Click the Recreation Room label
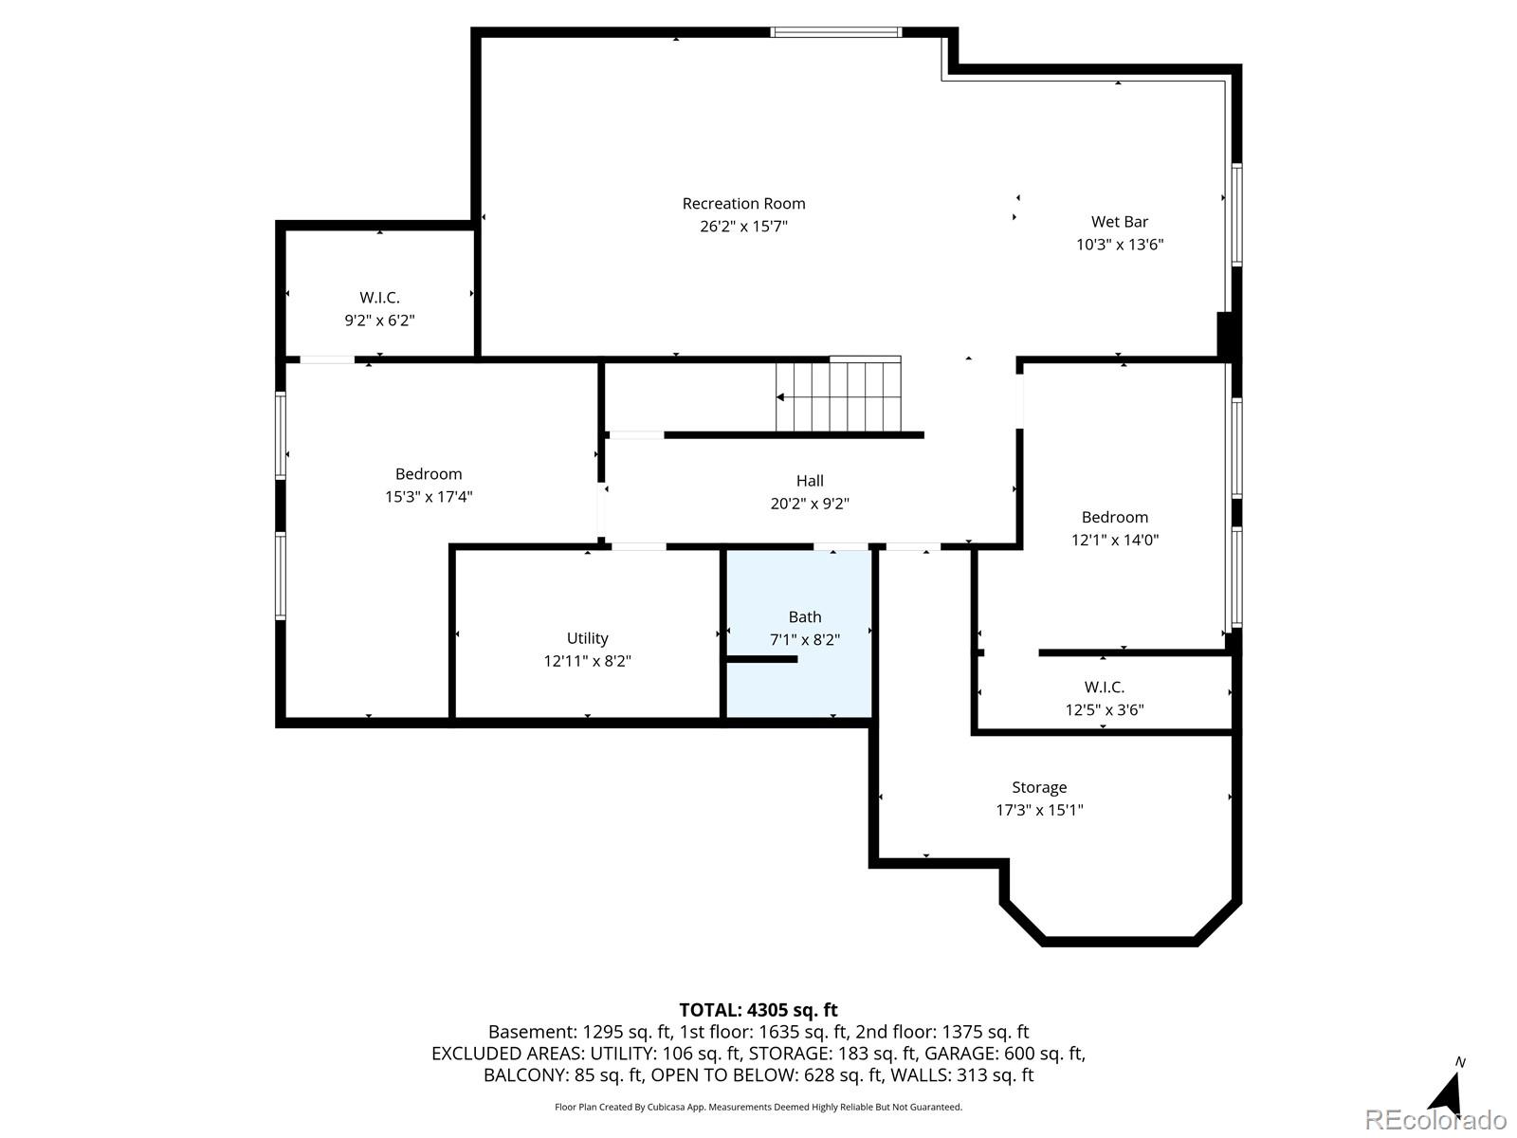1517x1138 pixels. pyautogui.click(x=743, y=204)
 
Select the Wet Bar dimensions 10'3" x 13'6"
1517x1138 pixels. pyautogui.click(x=1119, y=245)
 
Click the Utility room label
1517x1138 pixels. pyautogui.click(x=587, y=638)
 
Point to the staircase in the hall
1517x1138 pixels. pyautogui.click(x=838, y=395)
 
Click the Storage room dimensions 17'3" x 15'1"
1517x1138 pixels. pyautogui.click(x=1039, y=810)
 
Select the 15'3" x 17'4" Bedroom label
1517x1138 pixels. pyautogui.click(x=429, y=474)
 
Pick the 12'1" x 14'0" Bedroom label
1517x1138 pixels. pyautogui.click(x=1114, y=518)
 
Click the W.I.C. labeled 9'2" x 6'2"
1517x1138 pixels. pyautogui.click(x=379, y=298)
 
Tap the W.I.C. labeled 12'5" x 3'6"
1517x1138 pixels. pyautogui.click(x=1104, y=688)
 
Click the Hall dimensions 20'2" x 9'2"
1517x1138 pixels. pyautogui.click(x=809, y=505)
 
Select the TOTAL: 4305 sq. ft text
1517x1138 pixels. pyautogui.click(x=758, y=1010)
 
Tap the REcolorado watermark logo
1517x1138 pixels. pyautogui.click(x=1435, y=1120)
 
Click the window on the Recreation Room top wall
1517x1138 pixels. pyautogui.click(x=835, y=32)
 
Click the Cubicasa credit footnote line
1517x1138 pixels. pyautogui.click(x=758, y=1107)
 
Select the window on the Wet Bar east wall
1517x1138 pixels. pyautogui.click(x=1236, y=215)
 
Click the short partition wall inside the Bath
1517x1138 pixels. pyautogui.click(x=761, y=658)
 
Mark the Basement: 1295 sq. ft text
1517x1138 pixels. pyautogui.click(x=579, y=1032)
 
